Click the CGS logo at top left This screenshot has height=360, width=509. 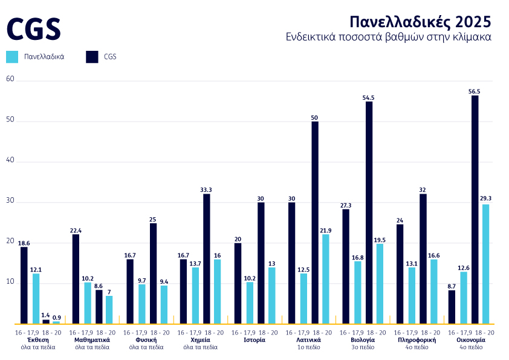click(34, 28)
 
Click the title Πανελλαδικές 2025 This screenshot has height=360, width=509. click(420, 22)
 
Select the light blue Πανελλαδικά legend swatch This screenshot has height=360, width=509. click(12, 57)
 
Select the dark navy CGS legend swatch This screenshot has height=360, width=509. click(92, 57)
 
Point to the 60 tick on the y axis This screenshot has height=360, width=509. click(9, 79)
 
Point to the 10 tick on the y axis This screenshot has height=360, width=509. click(9, 283)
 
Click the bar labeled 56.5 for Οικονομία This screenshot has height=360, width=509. click(475, 209)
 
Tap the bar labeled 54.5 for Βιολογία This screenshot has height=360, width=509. click(369, 212)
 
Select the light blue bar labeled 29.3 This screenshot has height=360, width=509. click(485, 264)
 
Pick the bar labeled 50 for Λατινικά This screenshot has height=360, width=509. click(315, 222)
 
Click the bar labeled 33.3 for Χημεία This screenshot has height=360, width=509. click(207, 258)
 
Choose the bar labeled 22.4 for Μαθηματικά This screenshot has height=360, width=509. click(76, 278)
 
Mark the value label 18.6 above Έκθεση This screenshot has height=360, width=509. click(24, 243)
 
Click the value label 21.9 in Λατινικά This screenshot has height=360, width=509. click(326, 231)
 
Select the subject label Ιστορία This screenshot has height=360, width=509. click(254, 340)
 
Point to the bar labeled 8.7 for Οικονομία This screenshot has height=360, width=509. click(452, 307)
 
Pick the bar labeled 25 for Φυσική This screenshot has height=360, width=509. click(153, 273)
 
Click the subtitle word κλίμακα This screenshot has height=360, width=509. click(472, 37)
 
